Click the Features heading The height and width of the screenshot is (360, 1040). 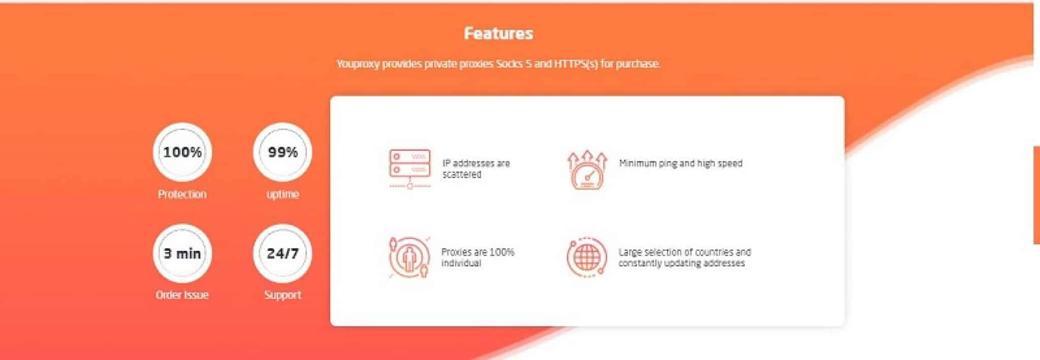(498, 34)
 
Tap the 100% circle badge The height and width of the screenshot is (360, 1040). (182, 152)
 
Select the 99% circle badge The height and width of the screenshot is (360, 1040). (282, 152)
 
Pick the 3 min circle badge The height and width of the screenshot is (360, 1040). (182, 253)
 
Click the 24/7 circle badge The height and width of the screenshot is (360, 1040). (282, 253)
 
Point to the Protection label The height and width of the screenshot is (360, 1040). (182, 194)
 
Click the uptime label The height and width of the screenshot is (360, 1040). (282, 194)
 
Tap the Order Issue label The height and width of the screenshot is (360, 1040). (182, 295)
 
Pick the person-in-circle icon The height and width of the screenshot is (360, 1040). (409, 257)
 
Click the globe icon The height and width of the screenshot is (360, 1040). (587, 257)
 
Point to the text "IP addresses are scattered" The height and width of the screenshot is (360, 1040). (476, 169)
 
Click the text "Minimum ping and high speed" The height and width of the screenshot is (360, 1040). (680, 163)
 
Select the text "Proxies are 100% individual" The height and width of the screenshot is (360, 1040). (477, 257)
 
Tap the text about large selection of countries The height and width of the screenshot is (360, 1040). (685, 257)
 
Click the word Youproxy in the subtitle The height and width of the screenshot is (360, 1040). (358, 64)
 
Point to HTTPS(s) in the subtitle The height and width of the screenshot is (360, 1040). (576, 64)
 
